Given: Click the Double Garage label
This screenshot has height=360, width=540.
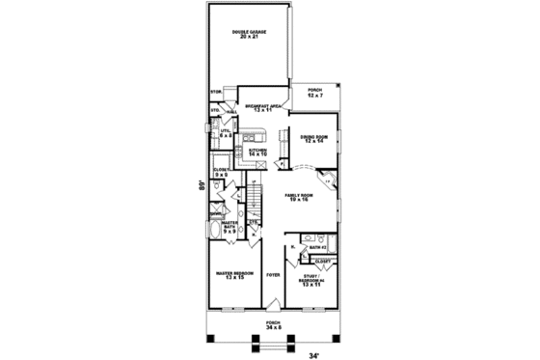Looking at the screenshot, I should click(x=248, y=34).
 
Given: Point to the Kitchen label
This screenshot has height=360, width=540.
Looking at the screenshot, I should click(x=257, y=152).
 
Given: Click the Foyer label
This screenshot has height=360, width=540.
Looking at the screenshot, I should click(x=274, y=276).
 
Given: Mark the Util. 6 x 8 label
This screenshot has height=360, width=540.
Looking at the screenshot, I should click(x=226, y=133).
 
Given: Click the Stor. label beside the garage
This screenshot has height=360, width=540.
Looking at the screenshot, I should click(x=216, y=93).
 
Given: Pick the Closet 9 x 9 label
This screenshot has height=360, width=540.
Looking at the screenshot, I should click(x=221, y=172).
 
